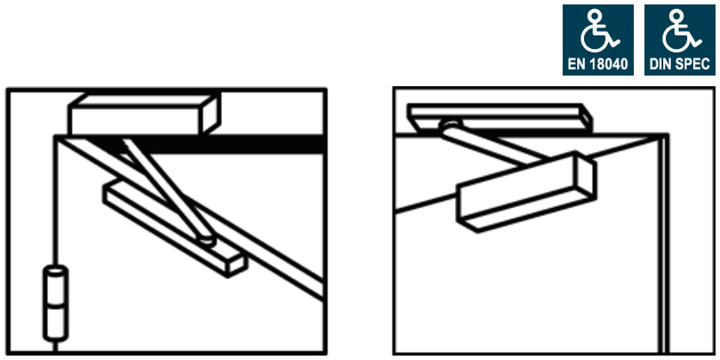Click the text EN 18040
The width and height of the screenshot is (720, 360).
tap(597, 64)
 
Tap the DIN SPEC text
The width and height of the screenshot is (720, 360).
tap(680, 64)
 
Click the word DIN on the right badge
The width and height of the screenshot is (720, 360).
tap(663, 64)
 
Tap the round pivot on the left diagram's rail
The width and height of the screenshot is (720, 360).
tap(206, 238)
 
